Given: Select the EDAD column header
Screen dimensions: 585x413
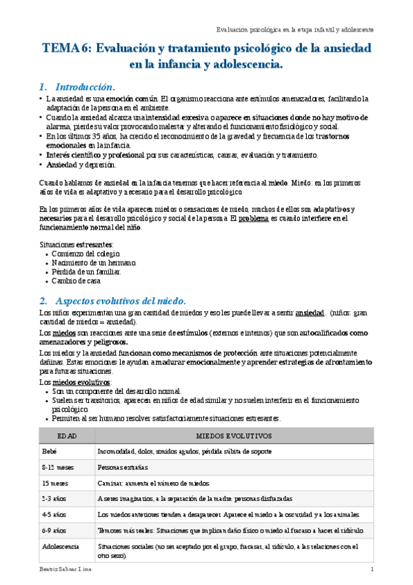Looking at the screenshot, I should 66,436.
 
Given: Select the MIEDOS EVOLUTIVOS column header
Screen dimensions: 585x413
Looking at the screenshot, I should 234,436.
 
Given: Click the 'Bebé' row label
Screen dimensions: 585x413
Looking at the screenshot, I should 49,451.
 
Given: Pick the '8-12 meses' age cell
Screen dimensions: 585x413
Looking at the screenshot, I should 57,467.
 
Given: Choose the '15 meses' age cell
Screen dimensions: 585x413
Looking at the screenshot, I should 54,483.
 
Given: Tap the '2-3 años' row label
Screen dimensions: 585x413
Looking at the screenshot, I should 54,499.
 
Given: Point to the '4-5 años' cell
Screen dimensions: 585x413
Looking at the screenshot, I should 54,515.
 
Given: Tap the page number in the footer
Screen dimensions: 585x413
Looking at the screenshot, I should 372,570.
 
